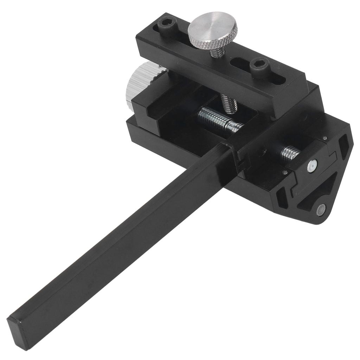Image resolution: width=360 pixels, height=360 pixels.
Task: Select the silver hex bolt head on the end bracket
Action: tap(312, 165)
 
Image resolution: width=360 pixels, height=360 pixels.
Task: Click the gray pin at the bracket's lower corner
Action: tap(321, 210)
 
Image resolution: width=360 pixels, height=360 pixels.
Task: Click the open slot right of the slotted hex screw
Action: tap(278, 78)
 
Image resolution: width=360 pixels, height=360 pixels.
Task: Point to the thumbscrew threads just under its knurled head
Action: tap(217, 52)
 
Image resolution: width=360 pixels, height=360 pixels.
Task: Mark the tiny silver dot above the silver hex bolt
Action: tap(325, 138)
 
